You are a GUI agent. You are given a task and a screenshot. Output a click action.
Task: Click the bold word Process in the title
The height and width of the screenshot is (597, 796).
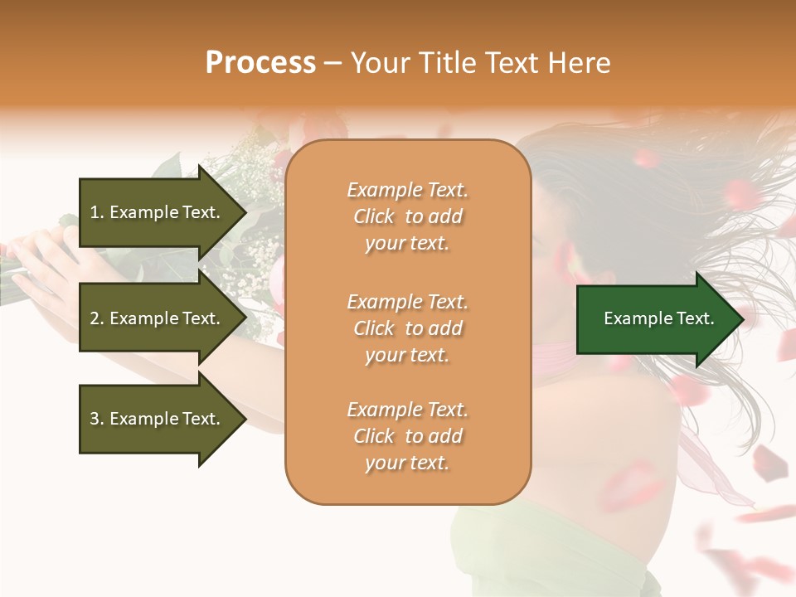(x=260, y=63)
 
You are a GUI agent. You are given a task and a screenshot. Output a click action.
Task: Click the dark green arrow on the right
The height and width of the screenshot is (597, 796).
(x=655, y=318)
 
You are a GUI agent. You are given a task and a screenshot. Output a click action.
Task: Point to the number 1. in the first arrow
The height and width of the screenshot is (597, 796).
(x=96, y=212)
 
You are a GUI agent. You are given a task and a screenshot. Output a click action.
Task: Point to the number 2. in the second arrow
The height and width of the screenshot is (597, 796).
(x=96, y=318)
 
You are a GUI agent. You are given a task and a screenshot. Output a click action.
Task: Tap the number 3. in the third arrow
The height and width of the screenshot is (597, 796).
(x=96, y=419)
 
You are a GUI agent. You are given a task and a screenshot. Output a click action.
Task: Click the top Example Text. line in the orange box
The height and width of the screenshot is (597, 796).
(x=407, y=190)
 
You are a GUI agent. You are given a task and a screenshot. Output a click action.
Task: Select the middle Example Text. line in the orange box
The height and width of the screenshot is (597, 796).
(x=407, y=301)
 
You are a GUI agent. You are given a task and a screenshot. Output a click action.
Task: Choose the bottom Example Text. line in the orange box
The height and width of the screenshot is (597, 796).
(x=407, y=410)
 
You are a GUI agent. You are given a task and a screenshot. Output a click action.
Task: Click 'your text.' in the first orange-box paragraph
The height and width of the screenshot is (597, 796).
(x=407, y=244)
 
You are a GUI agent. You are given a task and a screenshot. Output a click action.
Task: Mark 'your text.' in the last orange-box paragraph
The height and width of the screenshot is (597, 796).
(x=407, y=464)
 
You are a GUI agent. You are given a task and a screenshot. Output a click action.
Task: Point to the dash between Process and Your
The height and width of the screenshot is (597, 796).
(x=333, y=63)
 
